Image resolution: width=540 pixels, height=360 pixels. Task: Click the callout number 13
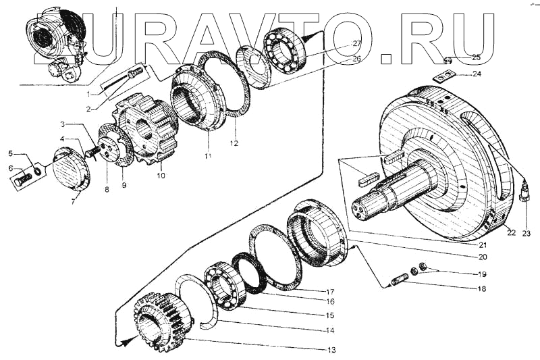[x=330, y=349]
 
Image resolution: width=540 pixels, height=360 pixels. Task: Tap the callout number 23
[x=526, y=234]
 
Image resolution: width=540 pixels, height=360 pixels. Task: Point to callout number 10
[x=161, y=176]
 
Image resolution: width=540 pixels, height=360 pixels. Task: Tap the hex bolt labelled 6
[x=22, y=180]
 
